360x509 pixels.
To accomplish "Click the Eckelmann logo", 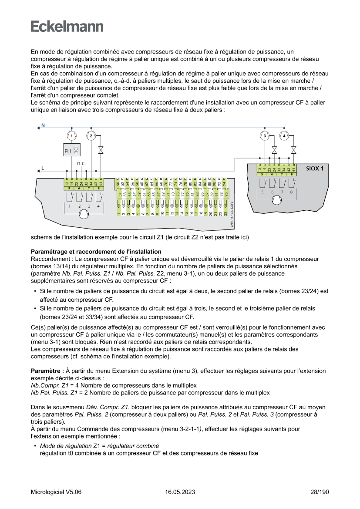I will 67,27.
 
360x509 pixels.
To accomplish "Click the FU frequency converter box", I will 71,151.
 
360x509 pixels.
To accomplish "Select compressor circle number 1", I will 71,136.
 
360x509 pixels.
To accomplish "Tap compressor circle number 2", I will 91,136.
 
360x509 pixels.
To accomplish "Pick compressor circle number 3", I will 265,136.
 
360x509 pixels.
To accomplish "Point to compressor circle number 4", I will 284,136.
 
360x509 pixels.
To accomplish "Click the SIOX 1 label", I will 315,168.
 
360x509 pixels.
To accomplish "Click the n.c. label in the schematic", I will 81,163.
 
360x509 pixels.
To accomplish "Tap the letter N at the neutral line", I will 43,125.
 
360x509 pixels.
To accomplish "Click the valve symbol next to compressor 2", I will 101,150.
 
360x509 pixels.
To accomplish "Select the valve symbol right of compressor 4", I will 294,150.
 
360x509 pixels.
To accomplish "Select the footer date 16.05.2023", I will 180,492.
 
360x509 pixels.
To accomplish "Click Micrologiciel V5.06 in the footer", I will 56,492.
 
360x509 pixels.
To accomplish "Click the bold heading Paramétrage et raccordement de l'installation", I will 96,252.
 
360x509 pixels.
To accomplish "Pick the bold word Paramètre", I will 47,371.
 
